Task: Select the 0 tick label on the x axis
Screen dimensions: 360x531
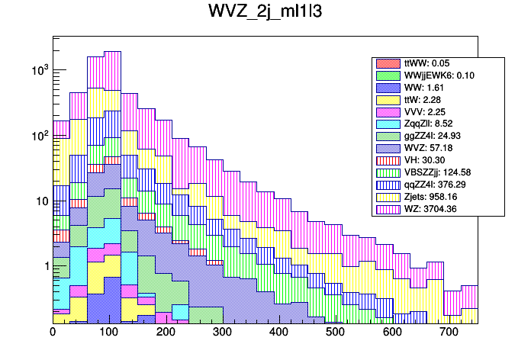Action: [53, 333]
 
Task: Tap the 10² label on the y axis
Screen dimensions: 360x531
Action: [39, 136]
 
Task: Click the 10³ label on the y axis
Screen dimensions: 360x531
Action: [39, 70]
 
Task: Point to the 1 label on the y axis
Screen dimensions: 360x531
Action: [44, 266]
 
